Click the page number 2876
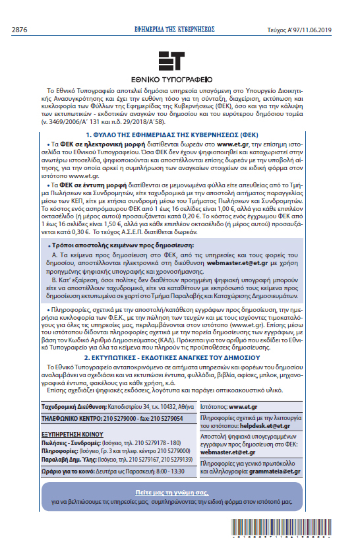[x=20, y=30]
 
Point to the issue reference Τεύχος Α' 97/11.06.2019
[x=299, y=30]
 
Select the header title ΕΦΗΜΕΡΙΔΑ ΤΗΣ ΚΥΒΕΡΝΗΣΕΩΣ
[x=175, y=29]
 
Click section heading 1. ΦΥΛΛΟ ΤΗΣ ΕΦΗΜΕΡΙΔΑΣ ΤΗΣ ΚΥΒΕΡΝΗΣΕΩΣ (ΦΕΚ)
[x=172, y=135]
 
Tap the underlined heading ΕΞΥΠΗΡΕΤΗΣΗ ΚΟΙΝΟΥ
[x=72, y=434]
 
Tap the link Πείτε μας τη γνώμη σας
[x=172, y=492]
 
